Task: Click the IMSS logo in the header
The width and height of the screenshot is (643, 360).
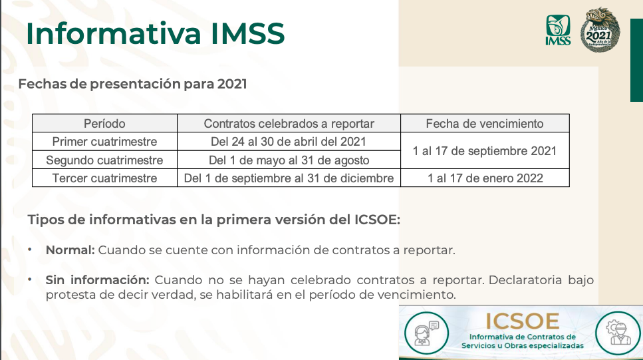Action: pyautogui.click(x=558, y=30)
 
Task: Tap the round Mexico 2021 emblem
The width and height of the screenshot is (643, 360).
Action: pyautogui.click(x=600, y=29)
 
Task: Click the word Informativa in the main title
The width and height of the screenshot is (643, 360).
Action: pyautogui.click(x=113, y=33)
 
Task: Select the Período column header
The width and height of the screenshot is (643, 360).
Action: pyautogui.click(x=104, y=124)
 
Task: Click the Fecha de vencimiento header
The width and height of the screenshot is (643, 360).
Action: pyautogui.click(x=485, y=124)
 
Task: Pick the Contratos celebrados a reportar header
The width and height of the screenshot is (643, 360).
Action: pyautogui.click(x=289, y=124)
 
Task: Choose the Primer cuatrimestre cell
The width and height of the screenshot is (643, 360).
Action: pyautogui.click(x=104, y=142)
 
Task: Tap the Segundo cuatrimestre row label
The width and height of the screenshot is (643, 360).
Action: pyautogui.click(x=104, y=160)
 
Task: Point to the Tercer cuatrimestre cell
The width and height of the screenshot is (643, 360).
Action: pyautogui.click(x=104, y=178)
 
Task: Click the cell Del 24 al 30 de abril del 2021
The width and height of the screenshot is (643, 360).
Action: pyautogui.click(x=289, y=142)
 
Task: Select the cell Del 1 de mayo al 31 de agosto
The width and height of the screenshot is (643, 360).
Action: pyautogui.click(x=289, y=160)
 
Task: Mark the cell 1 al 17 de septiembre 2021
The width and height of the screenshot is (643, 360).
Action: pyautogui.click(x=485, y=151)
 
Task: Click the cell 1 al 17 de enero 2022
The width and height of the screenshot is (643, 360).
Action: pyautogui.click(x=485, y=178)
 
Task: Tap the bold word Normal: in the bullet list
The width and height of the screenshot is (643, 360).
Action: pyautogui.click(x=70, y=250)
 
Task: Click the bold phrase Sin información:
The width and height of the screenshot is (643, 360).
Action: pyautogui.click(x=98, y=280)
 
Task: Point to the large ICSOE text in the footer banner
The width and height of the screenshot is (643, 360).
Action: pyautogui.click(x=523, y=321)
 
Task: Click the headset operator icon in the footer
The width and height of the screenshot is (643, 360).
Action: pyautogui.click(x=426, y=333)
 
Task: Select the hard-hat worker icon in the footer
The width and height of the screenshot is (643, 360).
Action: pyautogui.click(x=618, y=333)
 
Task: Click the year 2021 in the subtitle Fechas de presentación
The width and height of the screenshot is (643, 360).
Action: pyautogui.click(x=231, y=84)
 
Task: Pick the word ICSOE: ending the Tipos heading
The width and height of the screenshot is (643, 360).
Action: pyautogui.click(x=377, y=220)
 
